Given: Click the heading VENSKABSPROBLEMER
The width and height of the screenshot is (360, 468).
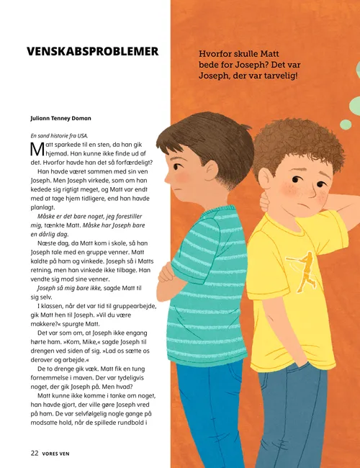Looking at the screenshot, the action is [91, 53].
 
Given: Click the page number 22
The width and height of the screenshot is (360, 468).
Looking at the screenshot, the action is [34, 454].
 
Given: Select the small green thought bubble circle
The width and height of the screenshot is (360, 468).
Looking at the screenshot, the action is [345, 125].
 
